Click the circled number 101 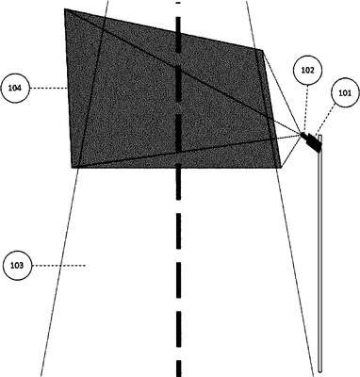[x=345, y=93]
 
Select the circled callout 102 [x=307, y=71]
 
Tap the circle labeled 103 [x=17, y=266]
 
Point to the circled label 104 [x=15, y=89]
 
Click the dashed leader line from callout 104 [x=49, y=89]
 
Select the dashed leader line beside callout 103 [x=58, y=266]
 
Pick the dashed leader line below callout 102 [x=306, y=108]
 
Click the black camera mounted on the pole [x=311, y=142]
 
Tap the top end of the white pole [x=319, y=136]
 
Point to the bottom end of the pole [x=319, y=370]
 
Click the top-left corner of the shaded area [x=65, y=8]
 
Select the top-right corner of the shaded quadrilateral [x=263, y=50]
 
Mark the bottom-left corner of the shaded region [x=72, y=168]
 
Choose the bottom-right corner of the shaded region [x=281, y=168]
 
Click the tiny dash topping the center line [x=178, y=3]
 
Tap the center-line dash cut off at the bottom [x=178, y=369]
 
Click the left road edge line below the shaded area [x=59, y=272]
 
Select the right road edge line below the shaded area [x=295, y=272]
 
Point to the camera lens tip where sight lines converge [x=303, y=135]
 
